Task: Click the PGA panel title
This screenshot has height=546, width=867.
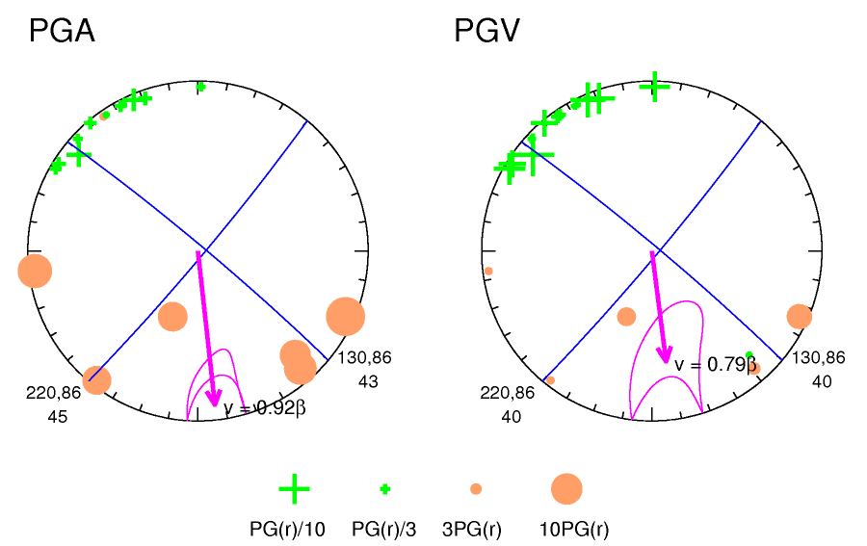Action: click(62, 32)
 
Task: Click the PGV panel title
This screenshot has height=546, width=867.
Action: click(486, 32)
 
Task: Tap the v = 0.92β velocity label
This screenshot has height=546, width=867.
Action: click(265, 407)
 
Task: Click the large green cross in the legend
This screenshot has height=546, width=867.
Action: click(294, 489)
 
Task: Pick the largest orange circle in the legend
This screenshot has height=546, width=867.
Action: click(566, 489)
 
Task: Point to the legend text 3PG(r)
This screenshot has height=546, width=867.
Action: click(472, 529)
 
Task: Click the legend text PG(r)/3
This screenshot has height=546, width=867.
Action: click(383, 529)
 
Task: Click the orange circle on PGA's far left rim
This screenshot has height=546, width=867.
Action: click(35, 271)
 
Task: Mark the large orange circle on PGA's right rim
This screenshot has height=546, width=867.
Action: click(345, 316)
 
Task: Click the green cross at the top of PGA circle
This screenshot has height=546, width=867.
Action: click(200, 87)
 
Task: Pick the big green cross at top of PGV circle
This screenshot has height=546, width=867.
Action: click(655, 87)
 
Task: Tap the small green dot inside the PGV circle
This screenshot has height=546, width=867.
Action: click(749, 355)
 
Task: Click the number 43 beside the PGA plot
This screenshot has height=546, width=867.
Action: click(368, 381)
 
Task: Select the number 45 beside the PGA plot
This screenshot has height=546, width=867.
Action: click(57, 417)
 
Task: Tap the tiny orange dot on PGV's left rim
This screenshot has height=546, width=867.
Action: click(488, 271)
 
